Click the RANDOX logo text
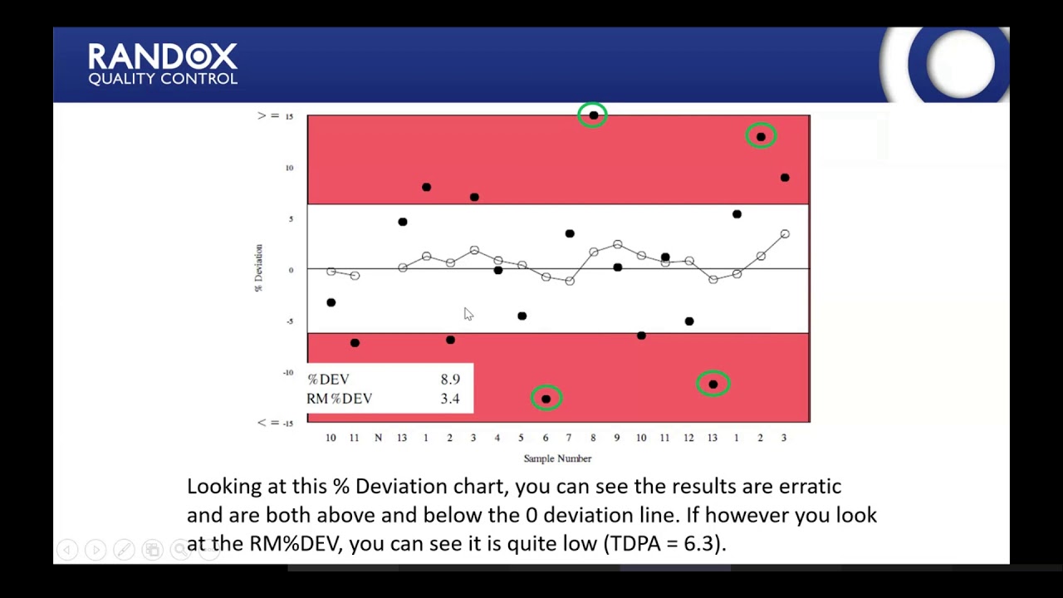pos(163,57)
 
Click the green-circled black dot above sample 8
pos(593,115)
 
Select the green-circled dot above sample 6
pos(546,399)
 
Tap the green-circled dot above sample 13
pos(713,384)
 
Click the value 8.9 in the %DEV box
pos(450,380)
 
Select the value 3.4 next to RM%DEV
pos(450,399)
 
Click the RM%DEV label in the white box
pos(340,399)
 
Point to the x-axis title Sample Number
pos(557,458)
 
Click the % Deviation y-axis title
pos(258,267)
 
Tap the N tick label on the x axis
pos(378,438)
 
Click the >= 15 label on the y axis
pos(275,115)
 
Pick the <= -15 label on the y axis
pos(275,423)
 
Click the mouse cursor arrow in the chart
pos(468,313)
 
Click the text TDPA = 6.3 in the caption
pos(663,543)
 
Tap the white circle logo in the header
pos(960,63)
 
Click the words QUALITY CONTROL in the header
pos(163,79)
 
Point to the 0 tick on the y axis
pos(291,270)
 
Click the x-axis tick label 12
pos(688,438)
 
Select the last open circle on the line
pos(784,234)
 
